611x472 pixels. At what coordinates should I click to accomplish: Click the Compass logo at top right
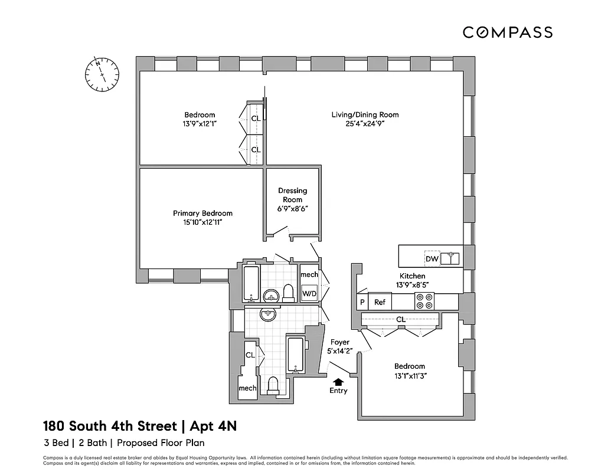coord(507,32)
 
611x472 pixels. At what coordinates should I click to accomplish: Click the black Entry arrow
coord(338,382)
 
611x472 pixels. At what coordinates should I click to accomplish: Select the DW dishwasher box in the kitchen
coord(432,259)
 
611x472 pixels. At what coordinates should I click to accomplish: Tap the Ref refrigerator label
coord(380,302)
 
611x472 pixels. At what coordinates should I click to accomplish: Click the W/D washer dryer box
coord(309,293)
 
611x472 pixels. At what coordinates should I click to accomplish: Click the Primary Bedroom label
coord(202,213)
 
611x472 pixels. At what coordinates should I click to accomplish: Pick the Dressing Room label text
coord(293,195)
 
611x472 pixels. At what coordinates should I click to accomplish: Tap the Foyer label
coord(339,342)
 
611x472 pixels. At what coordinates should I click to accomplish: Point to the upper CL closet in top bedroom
coord(256,118)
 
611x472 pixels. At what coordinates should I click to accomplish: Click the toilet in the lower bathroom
coord(272,386)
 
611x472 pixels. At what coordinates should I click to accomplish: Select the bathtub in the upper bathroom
coord(250,283)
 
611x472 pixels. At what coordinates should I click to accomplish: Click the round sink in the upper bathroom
coord(271,295)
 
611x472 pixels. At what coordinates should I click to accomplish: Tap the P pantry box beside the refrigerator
coord(362,302)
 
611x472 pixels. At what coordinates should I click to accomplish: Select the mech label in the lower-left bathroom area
coord(247,388)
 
